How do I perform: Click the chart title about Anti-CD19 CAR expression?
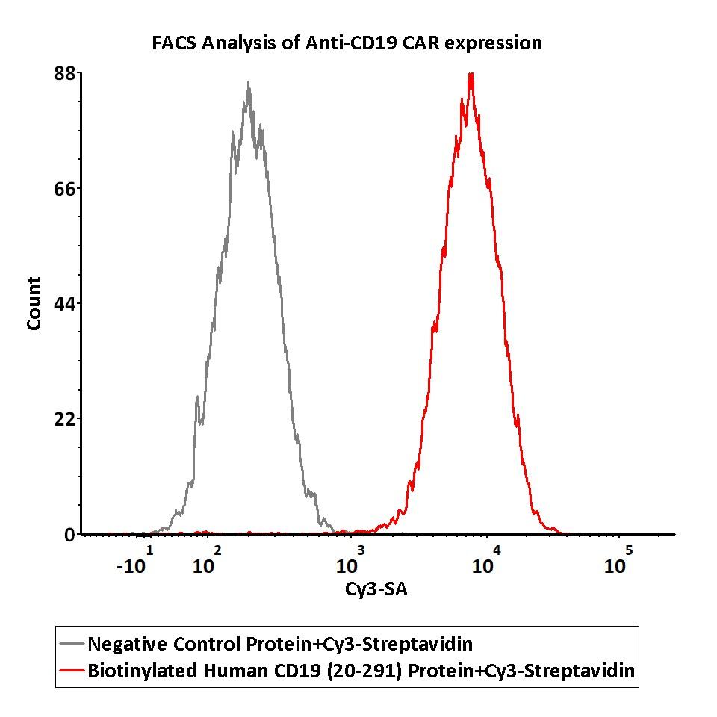347,43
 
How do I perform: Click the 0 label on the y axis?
69,535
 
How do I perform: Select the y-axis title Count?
34,303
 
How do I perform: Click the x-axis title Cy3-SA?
376,589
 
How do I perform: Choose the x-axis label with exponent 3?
350,562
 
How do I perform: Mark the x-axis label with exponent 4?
486,562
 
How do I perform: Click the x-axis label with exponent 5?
618,562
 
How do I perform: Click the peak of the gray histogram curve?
248,84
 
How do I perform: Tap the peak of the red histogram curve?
471,74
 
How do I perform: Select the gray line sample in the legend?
72,644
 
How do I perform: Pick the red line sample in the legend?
72,671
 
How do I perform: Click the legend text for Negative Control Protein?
280,644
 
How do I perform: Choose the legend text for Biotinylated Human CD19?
361,671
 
